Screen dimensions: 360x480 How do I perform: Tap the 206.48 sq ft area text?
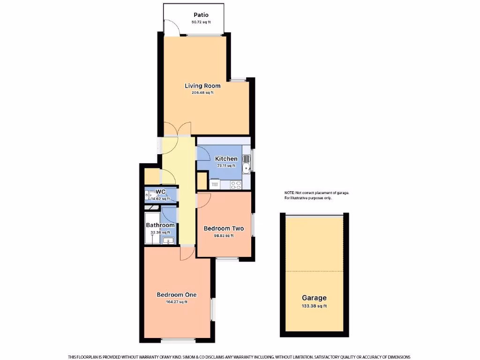[x=202, y=93]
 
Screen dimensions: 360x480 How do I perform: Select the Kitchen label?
[x=226, y=159]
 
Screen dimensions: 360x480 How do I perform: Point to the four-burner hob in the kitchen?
[x=236, y=185]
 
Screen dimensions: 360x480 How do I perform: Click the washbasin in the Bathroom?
[x=168, y=241]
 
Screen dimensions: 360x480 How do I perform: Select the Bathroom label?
[x=160, y=225]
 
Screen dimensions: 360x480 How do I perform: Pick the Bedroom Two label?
[x=224, y=229]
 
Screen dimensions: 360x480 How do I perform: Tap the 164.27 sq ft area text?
[x=177, y=302]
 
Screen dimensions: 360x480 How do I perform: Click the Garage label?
[x=314, y=298]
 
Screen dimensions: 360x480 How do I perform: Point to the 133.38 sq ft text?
[x=314, y=306]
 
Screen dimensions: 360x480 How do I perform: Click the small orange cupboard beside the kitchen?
[x=202, y=181]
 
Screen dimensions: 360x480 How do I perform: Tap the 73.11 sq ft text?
[x=226, y=166]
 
